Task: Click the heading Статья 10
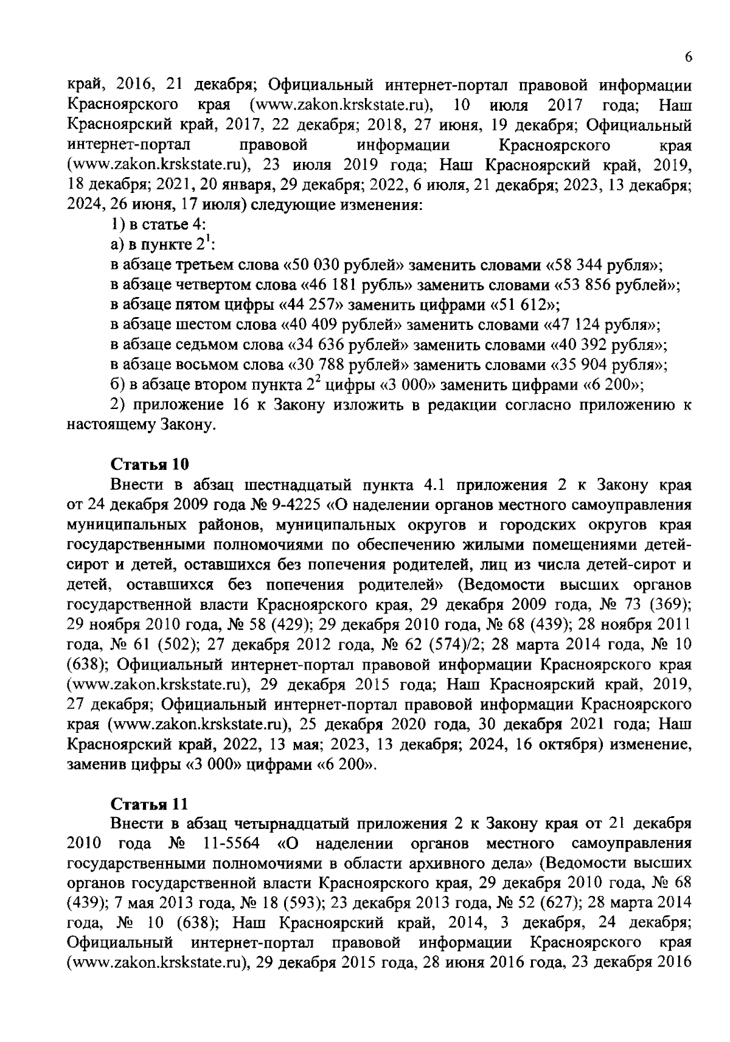(150, 464)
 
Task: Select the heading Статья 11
(149, 803)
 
